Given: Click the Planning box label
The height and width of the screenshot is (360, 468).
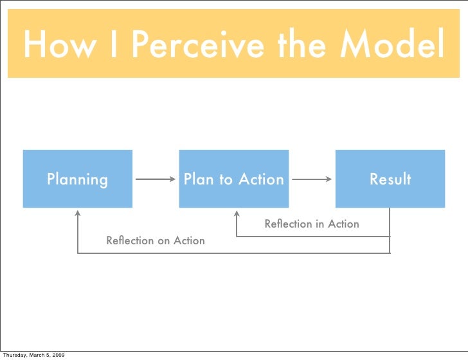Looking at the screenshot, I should coord(77,179).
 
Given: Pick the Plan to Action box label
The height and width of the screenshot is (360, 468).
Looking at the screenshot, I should coord(233,179).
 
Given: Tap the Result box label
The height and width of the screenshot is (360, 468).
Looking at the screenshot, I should coord(390,179).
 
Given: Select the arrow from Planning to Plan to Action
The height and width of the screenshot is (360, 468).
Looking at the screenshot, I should coord(155,180).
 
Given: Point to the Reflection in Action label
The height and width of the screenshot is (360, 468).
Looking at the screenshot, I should coord(312,224).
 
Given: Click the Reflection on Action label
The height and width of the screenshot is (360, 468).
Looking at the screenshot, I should coord(156,240).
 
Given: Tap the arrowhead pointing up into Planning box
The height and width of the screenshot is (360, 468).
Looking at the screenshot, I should coord(78,213).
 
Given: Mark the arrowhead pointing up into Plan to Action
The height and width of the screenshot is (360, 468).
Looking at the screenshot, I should coord(237,212).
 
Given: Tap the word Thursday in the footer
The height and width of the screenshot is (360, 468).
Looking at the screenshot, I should coord(13,354).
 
